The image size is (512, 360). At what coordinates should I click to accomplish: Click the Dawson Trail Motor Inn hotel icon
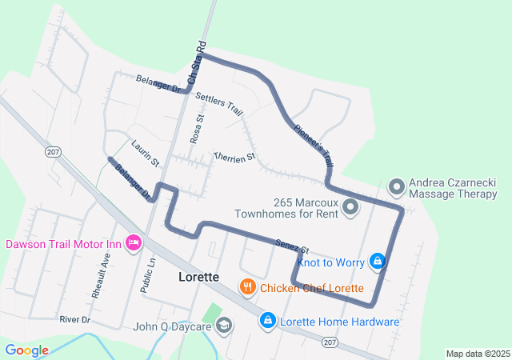(x=134, y=242)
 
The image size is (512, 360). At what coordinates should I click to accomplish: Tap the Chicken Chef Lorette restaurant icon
(x=248, y=287)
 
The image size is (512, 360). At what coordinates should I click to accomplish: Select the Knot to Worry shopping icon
(x=378, y=261)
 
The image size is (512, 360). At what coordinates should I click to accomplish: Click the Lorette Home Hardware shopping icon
(x=267, y=322)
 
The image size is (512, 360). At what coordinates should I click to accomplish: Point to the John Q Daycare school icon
(x=225, y=325)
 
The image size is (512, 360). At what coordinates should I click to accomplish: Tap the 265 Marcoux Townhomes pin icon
(x=350, y=208)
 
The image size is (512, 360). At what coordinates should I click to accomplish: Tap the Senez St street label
(x=291, y=246)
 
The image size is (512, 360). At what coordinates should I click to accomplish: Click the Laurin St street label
(x=145, y=148)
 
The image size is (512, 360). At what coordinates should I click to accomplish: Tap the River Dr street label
(x=76, y=319)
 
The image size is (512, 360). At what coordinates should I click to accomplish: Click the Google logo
(x=26, y=350)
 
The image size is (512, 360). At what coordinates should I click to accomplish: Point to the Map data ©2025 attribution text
(x=477, y=354)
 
